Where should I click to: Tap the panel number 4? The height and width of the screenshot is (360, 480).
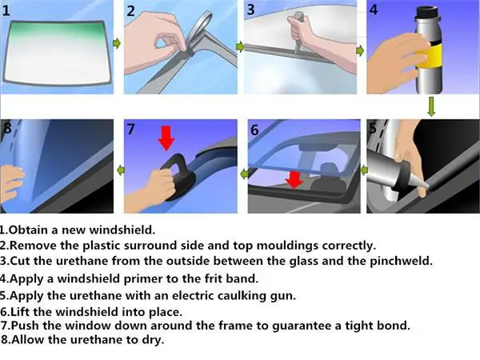pos(374,10)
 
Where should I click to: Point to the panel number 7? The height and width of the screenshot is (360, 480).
pos(130,129)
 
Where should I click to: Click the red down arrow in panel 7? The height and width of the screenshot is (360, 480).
pos(166,138)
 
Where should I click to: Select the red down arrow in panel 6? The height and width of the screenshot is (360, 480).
pos(294,179)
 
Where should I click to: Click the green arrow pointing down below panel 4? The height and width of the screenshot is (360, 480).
pos(431,106)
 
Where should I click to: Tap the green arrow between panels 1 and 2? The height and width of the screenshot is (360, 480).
pos(117,43)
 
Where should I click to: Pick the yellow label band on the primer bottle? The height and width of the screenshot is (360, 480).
pos(433,56)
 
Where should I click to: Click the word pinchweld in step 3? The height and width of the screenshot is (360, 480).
pos(401,261)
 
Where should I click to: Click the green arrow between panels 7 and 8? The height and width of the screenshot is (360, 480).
pos(121,170)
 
